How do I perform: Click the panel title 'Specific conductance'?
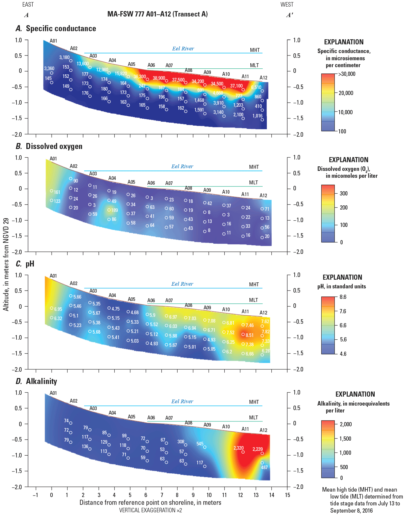point(61,28)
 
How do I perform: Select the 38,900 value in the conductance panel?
point(159,78)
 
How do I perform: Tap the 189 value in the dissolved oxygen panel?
point(114,210)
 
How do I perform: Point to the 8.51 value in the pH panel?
point(249,335)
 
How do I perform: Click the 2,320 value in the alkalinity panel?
point(238,448)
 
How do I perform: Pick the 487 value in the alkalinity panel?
point(264,467)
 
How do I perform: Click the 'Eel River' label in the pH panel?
point(182,284)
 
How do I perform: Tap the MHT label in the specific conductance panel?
point(255,50)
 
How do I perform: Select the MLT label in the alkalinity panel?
point(253,418)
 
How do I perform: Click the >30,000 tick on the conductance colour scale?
point(347,74)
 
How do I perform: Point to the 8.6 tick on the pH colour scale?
point(343,297)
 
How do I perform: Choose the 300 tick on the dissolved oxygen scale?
point(344,193)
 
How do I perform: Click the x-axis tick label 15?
point(288,495)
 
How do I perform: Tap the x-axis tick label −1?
point(35,495)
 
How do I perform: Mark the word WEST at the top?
point(287,4)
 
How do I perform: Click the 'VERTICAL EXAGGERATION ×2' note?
point(150,510)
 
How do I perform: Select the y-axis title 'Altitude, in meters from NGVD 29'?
point(6,264)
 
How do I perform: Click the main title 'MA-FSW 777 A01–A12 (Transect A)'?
point(158,14)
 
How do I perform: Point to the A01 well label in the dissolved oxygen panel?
point(53,159)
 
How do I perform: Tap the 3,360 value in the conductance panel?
point(49,69)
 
